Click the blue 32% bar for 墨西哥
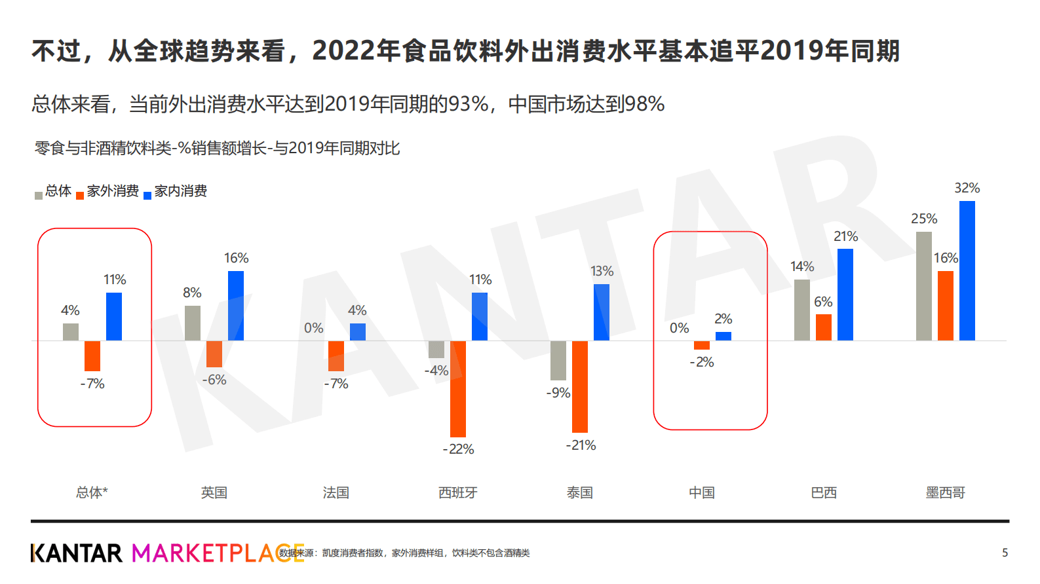(967, 270)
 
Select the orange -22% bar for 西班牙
(458, 389)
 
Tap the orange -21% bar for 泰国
(580, 386)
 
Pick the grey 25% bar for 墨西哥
(923, 286)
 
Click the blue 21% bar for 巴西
(845, 295)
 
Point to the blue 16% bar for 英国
(236, 306)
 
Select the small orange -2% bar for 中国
(702, 345)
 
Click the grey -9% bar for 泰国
(558, 360)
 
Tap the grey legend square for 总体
(39, 195)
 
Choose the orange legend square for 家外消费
(80, 195)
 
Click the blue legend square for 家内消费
(147, 195)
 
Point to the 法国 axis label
(336, 492)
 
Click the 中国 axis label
(702, 492)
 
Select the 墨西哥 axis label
(945, 492)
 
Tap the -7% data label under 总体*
(92, 384)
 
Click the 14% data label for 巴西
(802, 266)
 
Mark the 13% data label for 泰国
(602, 271)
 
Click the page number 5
(1005, 553)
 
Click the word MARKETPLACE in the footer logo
(218, 553)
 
